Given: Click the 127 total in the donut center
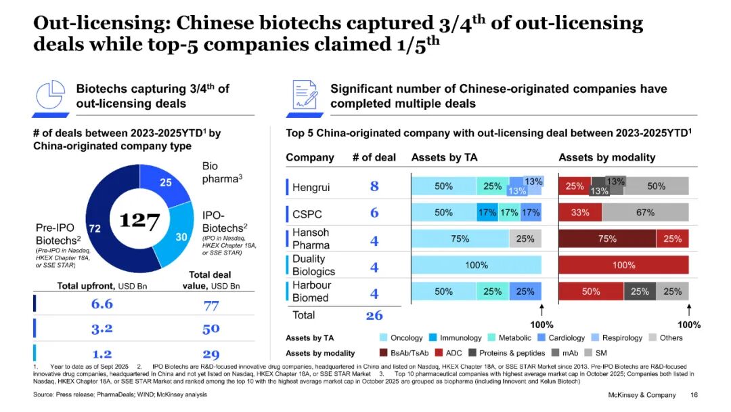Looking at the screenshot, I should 139,221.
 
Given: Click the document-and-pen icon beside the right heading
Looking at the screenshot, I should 305,96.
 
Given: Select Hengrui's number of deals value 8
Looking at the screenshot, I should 374,186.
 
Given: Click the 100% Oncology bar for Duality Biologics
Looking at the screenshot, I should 477,265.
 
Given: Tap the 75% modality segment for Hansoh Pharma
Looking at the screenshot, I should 607,239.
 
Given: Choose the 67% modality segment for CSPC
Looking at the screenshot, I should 645,213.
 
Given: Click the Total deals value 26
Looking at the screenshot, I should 374,315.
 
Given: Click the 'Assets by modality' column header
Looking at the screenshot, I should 606,157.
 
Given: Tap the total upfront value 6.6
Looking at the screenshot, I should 102,304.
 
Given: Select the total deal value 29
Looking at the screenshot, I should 211,354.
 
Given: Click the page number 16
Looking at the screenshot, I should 694,395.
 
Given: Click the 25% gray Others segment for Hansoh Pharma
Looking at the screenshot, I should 525,239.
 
